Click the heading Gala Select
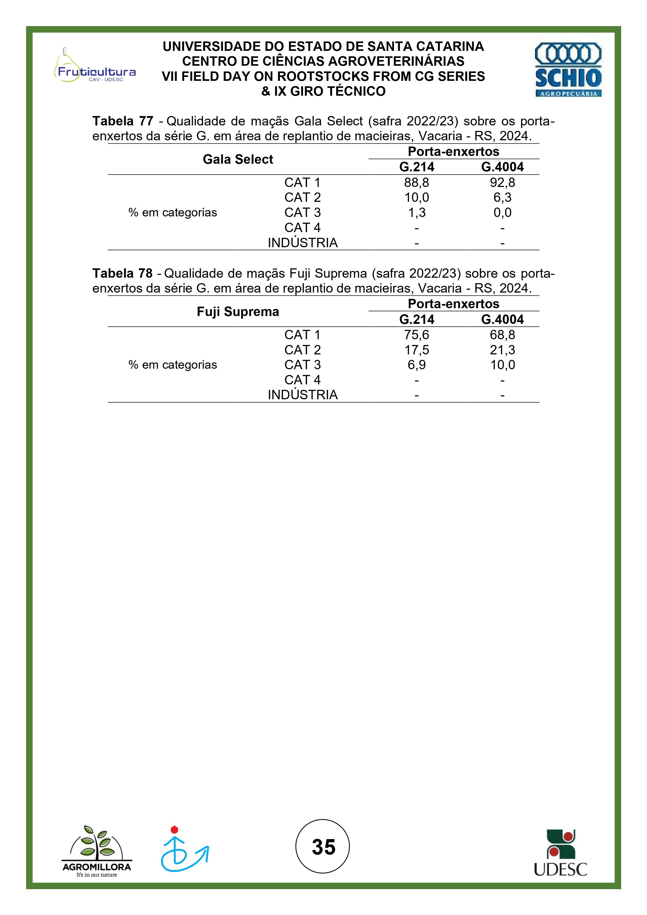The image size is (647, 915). click(x=238, y=159)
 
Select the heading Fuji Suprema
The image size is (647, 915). click(x=238, y=312)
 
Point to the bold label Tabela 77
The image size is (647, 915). click(x=123, y=121)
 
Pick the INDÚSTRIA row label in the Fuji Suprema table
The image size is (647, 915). click(x=303, y=395)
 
